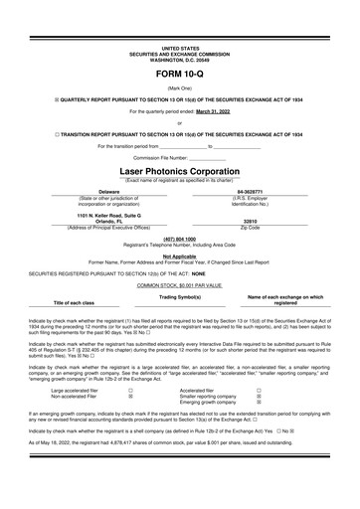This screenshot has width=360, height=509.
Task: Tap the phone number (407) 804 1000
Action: (x=180, y=238)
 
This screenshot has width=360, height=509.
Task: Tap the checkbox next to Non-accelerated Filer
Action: (x=131, y=396)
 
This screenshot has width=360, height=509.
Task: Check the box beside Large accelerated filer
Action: (x=131, y=390)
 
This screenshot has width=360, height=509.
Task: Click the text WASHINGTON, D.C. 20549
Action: (x=180, y=57)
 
